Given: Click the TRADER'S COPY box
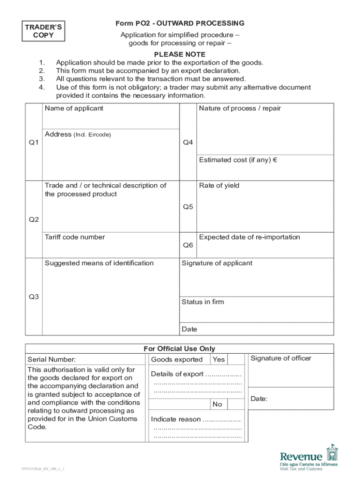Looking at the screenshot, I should (x=43, y=31).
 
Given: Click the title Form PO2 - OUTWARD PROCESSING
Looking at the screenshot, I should (x=180, y=23).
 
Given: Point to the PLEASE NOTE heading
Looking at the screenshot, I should (x=180, y=54).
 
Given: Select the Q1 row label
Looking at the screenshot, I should (x=34, y=143).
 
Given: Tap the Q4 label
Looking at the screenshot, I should (x=188, y=142).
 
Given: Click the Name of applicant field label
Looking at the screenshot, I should (x=74, y=109).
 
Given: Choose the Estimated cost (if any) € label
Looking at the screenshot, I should (x=238, y=160).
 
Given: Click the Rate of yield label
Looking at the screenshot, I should (x=219, y=186).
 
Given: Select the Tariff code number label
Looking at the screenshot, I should (x=75, y=237).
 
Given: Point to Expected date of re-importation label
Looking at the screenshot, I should (x=249, y=237).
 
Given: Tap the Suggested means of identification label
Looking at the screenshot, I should (x=99, y=263).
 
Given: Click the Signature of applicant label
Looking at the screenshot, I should (x=217, y=263).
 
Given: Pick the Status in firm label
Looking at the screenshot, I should (x=202, y=302).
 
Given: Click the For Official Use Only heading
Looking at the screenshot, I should (x=180, y=348).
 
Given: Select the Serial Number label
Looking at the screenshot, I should (x=51, y=360).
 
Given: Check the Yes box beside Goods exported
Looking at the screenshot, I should (x=218, y=360).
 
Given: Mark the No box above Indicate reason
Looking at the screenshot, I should (x=217, y=404).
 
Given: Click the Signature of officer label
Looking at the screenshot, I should (x=281, y=359).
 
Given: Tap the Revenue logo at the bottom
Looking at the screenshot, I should (x=308, y=458).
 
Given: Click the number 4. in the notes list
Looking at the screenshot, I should (x=42, y=87).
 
